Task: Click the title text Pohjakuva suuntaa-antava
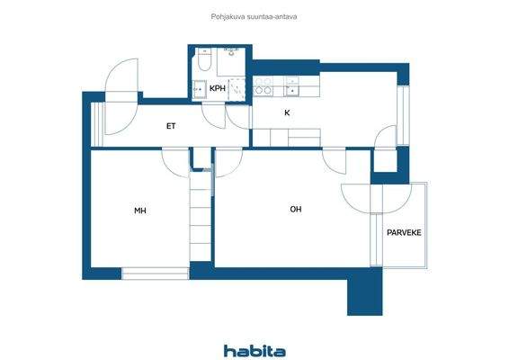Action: [254, 15]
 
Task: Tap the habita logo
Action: [254, 350]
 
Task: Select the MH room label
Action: [140, 211]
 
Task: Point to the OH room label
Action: [296, 210]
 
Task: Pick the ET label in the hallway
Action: [170, 126]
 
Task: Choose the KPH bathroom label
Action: [218, 89]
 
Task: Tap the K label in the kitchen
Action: [287, 113]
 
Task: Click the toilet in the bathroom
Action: [204, 64]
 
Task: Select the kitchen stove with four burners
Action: [263, 87]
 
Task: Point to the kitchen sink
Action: [293, 87]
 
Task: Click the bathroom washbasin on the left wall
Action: [197, 89]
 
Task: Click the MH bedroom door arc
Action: [174, 161]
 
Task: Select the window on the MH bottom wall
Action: [154, 273]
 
